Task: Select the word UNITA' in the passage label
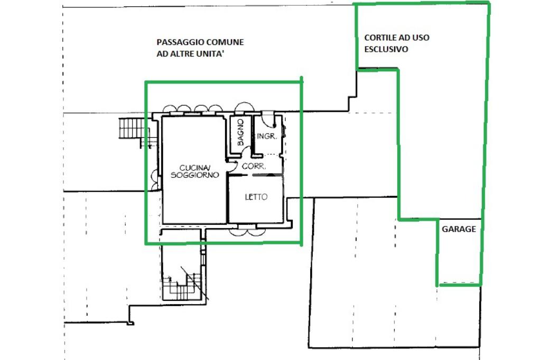click(210, 54)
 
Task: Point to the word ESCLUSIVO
click(386, 49)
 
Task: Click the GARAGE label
click(459, 229)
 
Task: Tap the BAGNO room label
click(240, 132)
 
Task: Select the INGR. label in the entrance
click(267, 136)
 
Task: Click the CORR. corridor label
click(254, 166)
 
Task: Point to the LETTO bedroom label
click(256, 197)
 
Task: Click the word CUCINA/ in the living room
click(194, 168)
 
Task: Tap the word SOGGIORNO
click(194, 175)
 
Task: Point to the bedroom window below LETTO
click(247, 230)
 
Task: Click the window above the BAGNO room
click(244, 107)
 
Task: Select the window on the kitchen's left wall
click(155, 180)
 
